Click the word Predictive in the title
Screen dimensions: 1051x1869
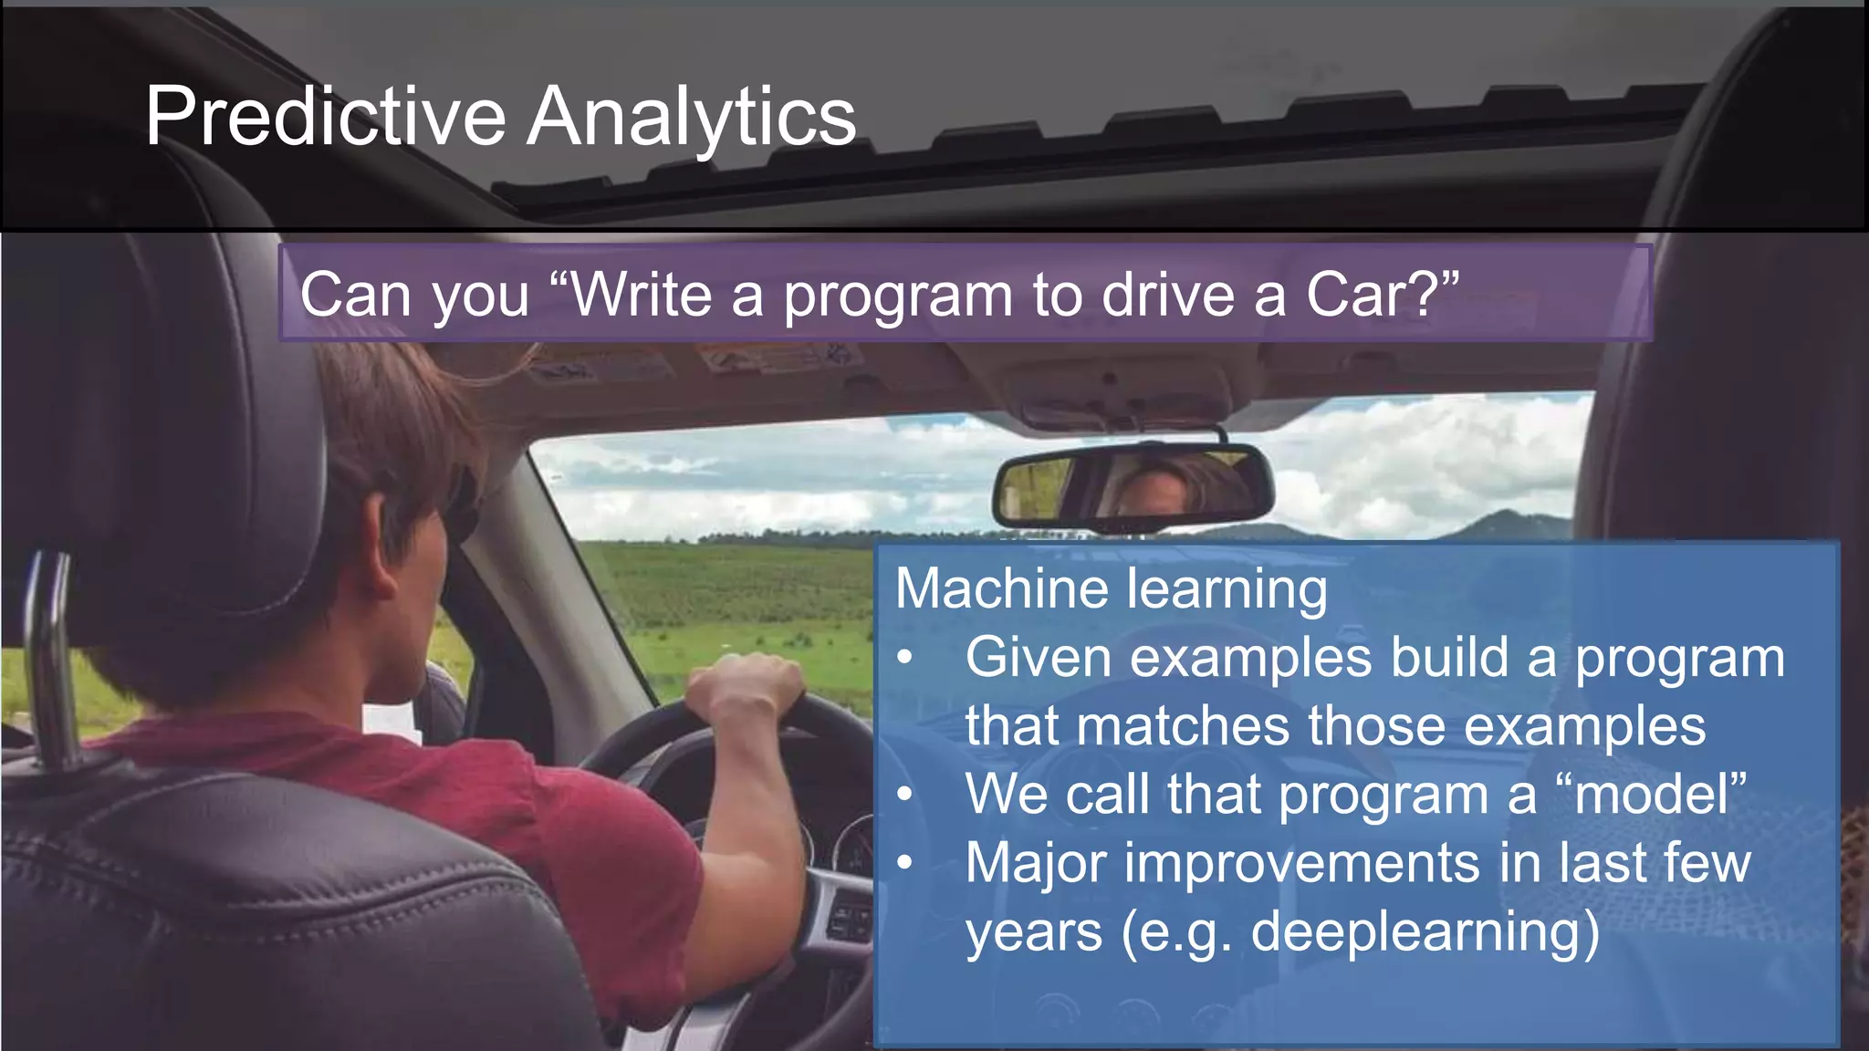tap(325, 117)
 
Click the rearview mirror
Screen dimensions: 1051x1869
tap(1132, 486)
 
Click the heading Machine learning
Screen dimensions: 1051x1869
tap(1111, 588)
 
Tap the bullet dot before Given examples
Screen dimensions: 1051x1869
tap(904, 657)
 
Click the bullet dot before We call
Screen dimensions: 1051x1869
tap(904, 794)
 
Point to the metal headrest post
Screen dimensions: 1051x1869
tap(50, 657)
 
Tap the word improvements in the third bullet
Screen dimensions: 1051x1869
tap(1302, 863)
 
